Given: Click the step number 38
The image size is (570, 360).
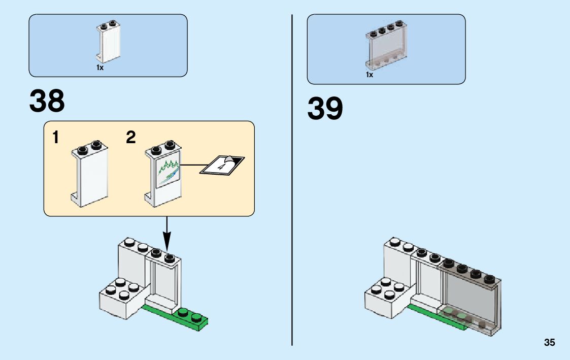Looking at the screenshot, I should [47, 102].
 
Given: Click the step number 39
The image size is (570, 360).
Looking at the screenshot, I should [325, 109].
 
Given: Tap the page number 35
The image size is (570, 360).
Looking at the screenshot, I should [549, 343].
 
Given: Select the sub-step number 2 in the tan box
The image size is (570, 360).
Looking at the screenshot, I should [131, 138].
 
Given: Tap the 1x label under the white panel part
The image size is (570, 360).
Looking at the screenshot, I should [100, 68].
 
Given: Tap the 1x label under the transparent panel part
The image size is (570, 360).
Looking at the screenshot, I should [370, 75].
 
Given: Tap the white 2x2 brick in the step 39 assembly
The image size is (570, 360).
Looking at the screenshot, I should [386, 300].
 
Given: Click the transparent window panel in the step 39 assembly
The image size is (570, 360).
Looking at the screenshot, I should [470, 300].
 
